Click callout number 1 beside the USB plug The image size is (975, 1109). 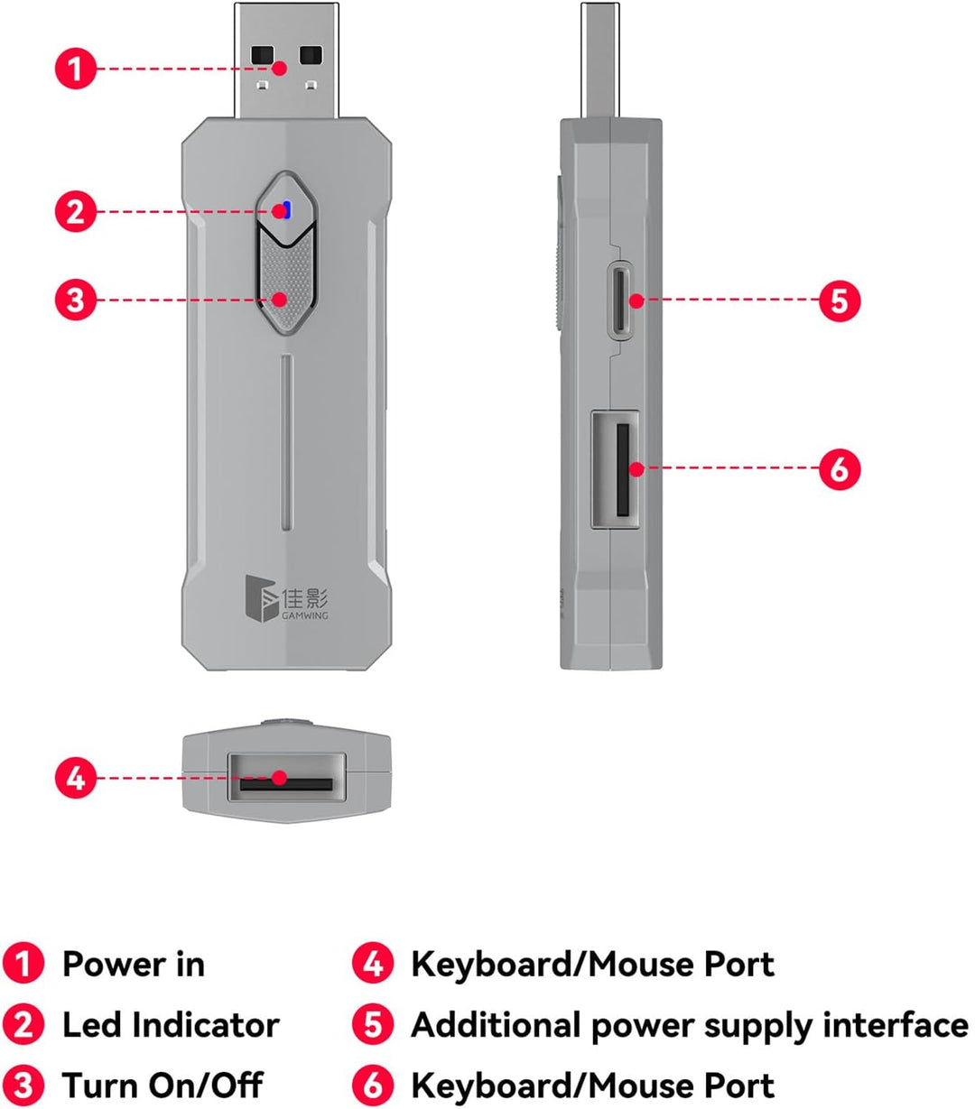76,69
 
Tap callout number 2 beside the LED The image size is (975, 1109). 76,211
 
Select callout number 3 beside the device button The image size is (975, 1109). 76,300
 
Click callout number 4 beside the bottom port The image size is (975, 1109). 76,778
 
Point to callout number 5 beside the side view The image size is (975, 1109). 840,300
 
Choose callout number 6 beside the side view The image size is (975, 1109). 840,469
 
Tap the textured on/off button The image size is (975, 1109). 286,279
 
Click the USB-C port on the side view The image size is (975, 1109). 620,300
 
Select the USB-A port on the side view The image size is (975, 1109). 616,469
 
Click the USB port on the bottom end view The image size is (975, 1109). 286,777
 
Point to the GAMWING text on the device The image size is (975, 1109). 305,615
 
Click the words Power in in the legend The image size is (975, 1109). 134,964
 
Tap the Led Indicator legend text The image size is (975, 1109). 171,1025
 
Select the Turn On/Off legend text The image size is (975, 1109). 162,1085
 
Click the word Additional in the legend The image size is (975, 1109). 497,1025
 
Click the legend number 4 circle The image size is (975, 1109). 373,964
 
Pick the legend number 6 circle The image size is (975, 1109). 373,1085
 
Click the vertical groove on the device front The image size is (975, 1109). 287,442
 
